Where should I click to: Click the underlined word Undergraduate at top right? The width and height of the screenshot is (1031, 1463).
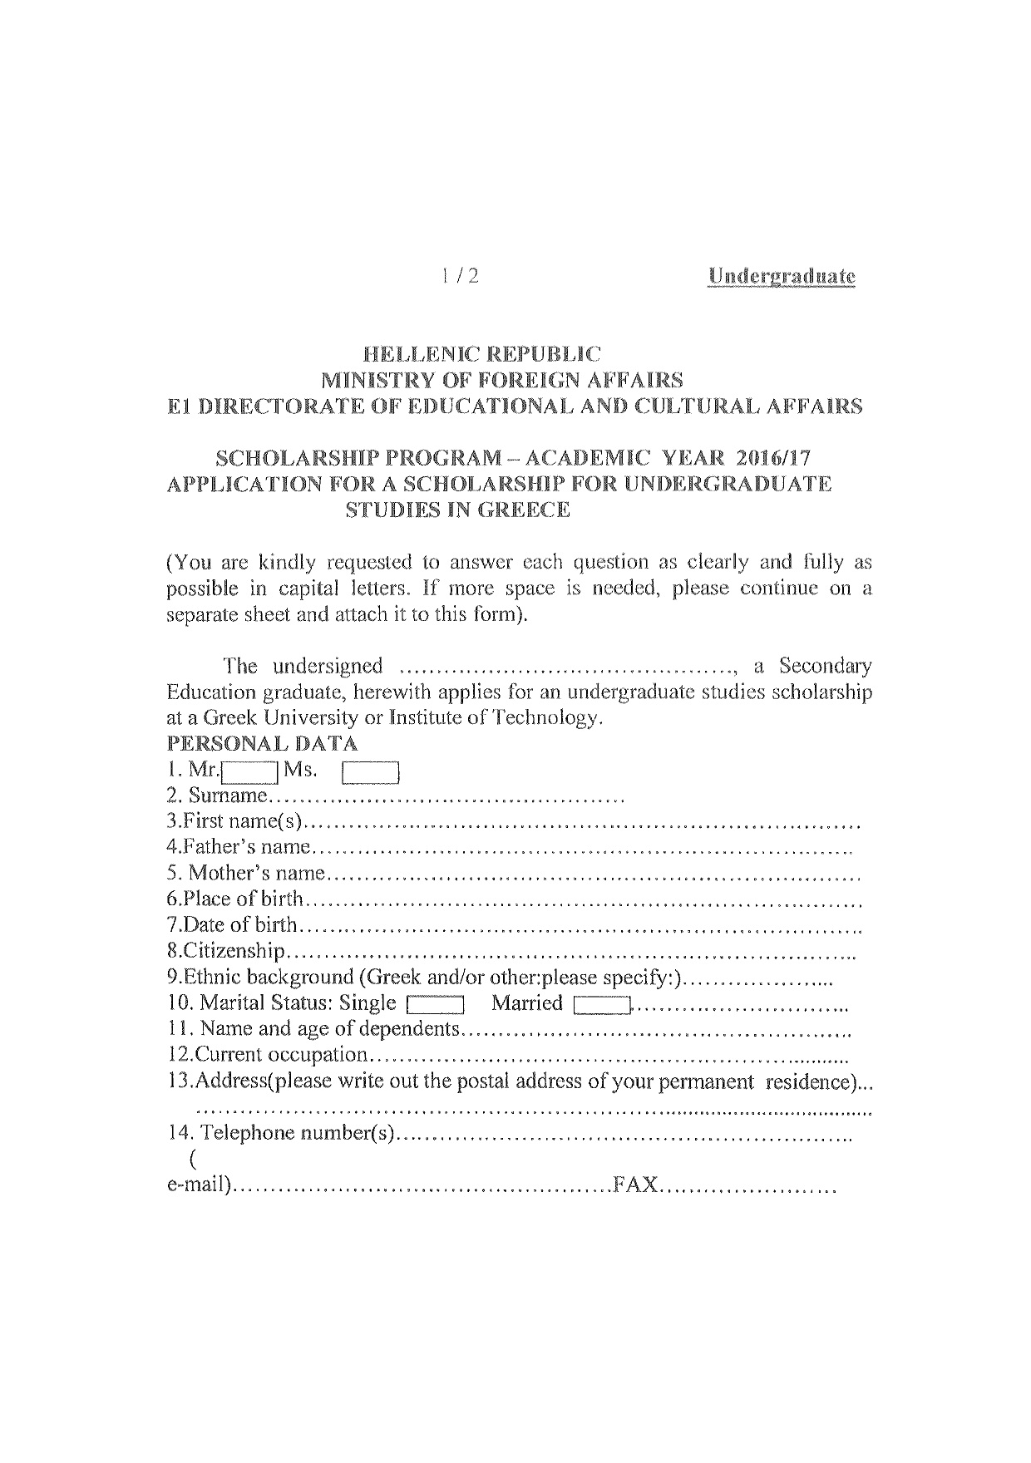coord(781,276)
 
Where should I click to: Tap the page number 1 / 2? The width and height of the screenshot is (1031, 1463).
coord(461,276)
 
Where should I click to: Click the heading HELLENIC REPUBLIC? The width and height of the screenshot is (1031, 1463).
coord(481,353)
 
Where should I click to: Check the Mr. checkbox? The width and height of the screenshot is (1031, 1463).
coord(250,773)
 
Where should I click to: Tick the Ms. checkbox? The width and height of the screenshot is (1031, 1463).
coord(371,773)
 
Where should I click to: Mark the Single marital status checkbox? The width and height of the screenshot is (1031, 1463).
coord(435,1005)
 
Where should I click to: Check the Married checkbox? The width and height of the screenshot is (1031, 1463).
coord(603,1005)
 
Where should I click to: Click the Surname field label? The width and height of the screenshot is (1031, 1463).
coord(227,796)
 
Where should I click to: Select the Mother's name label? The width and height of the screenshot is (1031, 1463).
coord(256,874)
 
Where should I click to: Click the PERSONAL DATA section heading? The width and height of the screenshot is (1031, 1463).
coord(263,743)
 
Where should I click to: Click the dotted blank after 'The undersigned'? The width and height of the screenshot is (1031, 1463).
coord(567,667)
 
